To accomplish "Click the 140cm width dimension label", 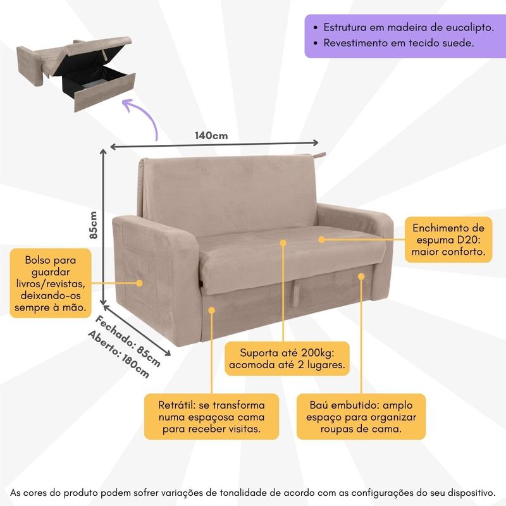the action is (x=211, y=135).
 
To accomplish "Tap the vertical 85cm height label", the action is (x=93, y=225).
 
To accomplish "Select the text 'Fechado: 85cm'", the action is (x=128, y=341).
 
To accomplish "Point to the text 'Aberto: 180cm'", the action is (x=119, y=354).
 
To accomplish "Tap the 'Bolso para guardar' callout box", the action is (x=51, y=283).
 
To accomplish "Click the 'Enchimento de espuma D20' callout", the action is (x=448, y=240).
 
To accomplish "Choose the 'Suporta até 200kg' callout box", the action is (x=287, y=359).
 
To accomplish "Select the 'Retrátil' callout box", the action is (x=211, y=417).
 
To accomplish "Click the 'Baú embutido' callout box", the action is (x=361, y=417).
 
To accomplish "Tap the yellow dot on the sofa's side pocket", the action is (x=139, y=283).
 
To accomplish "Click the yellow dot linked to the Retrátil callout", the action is (x=212, y=311).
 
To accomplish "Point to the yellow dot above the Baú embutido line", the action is (x=361, y=276).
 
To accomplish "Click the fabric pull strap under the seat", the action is (x=295, y=293).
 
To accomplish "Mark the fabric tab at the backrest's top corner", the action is (x=319, y=155).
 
